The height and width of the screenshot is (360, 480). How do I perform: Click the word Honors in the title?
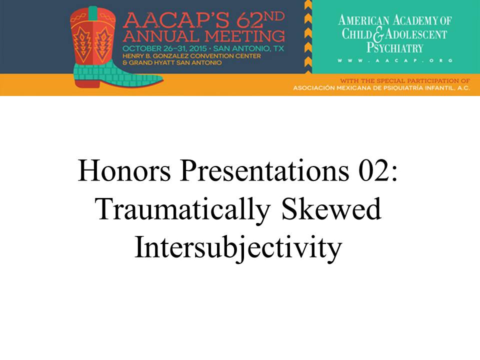click(124, 171)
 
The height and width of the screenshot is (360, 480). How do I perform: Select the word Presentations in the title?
click(264, 171)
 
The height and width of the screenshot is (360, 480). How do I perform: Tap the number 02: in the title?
click(378, 171)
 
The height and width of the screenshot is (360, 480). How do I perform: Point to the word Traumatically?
click(183, 210)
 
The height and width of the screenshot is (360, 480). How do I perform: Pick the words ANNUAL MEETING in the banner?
click(204, 36)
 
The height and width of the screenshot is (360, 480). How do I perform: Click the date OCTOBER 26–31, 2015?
click(164, 48)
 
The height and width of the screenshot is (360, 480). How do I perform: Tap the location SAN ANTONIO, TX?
click(248, 48)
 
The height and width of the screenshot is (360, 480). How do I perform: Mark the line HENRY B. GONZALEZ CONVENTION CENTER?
click(191, 56)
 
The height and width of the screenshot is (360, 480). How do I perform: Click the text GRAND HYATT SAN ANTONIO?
click(175, 63)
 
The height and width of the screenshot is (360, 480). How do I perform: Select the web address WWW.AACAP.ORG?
click(395, 60)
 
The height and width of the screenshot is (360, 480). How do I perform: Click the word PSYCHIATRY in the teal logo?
click(395, 48)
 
